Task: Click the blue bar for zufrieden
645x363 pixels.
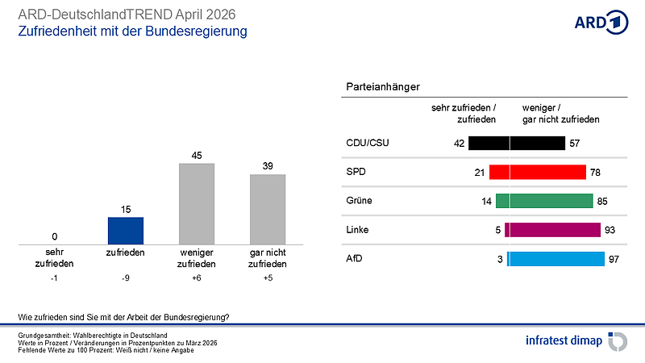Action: point(125,231)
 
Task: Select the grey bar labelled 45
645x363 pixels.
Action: point(196,203)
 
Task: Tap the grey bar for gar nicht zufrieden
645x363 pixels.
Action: point(268,209)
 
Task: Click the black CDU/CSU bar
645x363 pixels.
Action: point(516,144)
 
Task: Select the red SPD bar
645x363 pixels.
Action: point(537,172)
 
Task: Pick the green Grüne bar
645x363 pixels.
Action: point(544,201)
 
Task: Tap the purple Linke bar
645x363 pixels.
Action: point(552,230)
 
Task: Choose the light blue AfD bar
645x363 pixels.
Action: point(556,259)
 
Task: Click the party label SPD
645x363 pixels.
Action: point(354,172)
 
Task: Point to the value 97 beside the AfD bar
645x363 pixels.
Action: point(614,259)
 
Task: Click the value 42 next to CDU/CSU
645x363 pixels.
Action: point(460,144)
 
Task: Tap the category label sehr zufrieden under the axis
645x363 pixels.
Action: point(54,258)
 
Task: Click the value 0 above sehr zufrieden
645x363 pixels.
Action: point(54,236)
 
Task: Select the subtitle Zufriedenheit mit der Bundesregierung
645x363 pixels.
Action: point(132,31)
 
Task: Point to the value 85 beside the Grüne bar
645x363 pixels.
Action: point(602,201)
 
